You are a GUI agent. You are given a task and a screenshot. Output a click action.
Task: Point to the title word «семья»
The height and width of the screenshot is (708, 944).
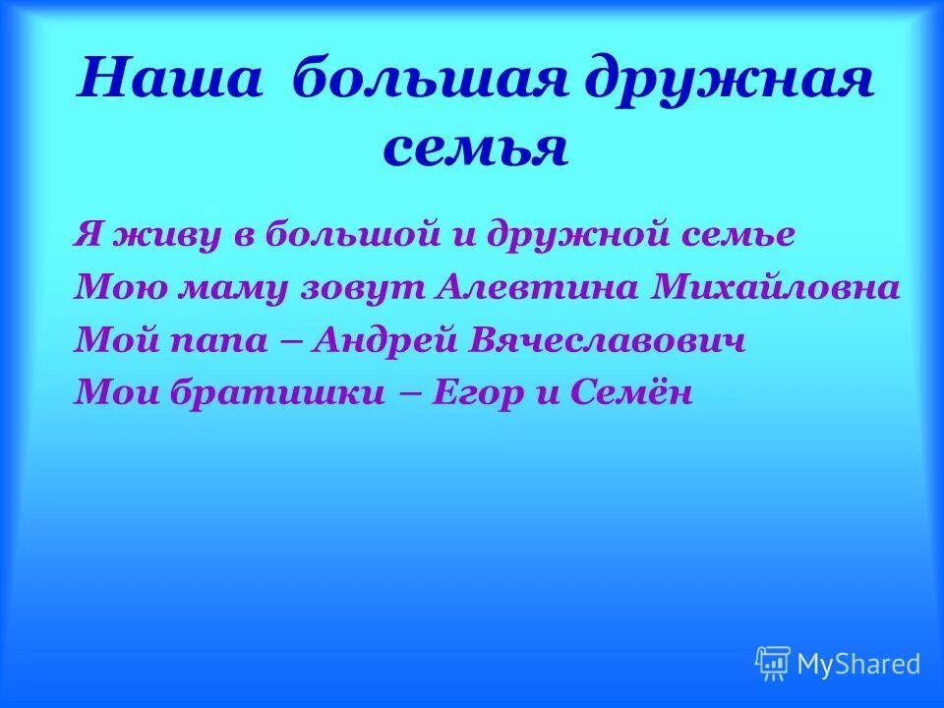point(475,149)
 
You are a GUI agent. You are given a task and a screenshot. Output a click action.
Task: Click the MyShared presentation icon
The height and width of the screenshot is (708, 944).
point(772,664)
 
